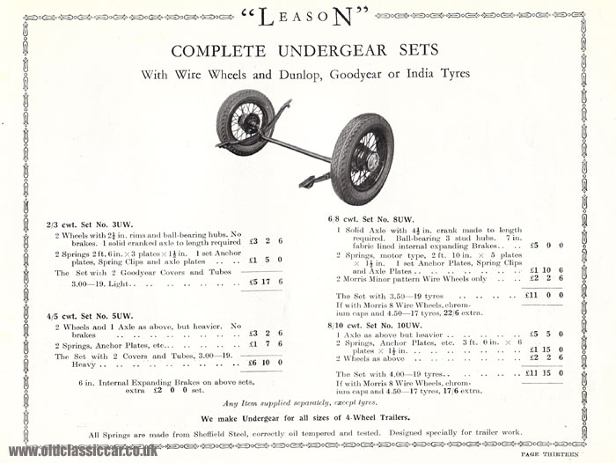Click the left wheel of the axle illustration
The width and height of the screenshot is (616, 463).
(x=246, y=121)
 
